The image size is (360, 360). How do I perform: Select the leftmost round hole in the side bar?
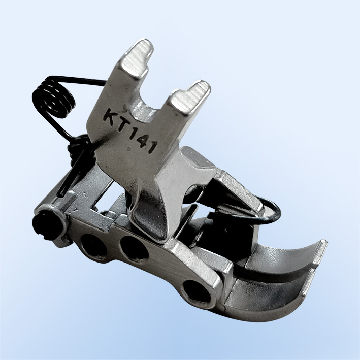(x=93, y=244)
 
